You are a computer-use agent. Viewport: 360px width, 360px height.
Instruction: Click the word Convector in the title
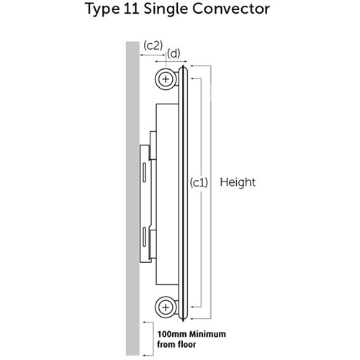[231, 9]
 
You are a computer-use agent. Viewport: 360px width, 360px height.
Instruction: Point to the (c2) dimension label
[153, 45]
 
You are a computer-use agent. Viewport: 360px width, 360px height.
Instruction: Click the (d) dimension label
[174, 53]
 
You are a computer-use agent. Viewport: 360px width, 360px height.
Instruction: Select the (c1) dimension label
[199, 183]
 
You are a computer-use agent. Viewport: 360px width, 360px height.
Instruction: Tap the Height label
[238, 182]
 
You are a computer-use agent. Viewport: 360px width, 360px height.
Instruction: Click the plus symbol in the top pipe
[166, 79]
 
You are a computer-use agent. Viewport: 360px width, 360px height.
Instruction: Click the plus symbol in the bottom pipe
[166, 307]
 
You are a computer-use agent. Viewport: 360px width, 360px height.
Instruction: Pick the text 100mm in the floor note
[172, 334]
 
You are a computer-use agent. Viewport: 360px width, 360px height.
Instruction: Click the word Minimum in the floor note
[207, 334]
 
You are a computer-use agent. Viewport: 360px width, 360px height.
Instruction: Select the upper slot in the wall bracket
[144, 172]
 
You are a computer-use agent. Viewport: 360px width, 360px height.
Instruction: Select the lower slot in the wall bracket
[144, 237]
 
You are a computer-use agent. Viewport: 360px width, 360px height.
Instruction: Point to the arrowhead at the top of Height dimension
[192, 66]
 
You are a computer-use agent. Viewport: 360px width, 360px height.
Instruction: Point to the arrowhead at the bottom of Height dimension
[192, 319]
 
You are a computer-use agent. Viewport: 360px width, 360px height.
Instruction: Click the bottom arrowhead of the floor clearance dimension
[145, 355]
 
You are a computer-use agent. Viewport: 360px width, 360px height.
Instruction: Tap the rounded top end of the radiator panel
[183, 68]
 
